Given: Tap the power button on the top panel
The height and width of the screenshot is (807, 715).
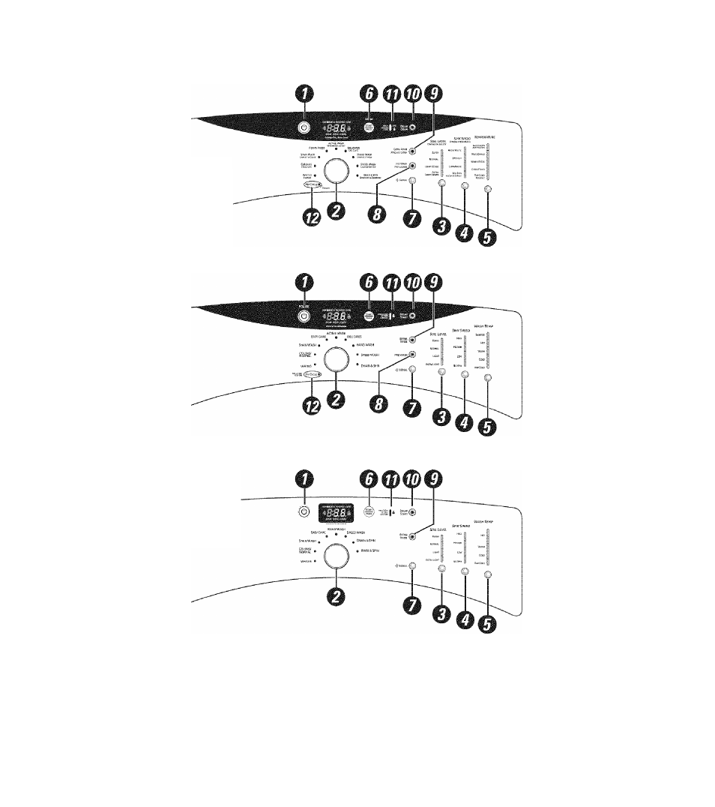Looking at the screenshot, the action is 303,129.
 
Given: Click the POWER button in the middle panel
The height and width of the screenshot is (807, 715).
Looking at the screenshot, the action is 303,316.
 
